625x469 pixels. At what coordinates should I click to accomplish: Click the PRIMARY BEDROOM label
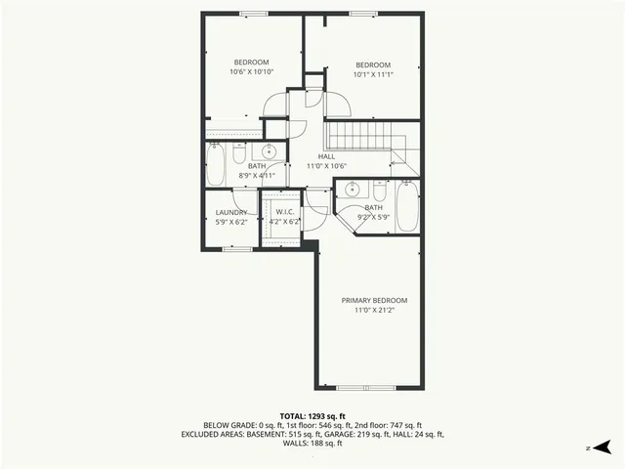click(x=374, y=300)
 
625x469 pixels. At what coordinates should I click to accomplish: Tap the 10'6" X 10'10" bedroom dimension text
click(x=251, y=71)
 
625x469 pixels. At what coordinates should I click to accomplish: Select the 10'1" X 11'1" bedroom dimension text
click(x=372, y=74)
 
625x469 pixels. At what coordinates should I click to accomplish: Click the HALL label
click(x=326, y=156)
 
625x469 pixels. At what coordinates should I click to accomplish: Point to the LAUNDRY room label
click(x=231, y=212)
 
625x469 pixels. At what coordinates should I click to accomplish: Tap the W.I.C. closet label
click(x=285, y=212)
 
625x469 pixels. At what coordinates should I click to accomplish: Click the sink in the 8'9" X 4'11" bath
click(x=269, y=151)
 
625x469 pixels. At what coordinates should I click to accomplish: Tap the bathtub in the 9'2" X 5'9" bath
click(x=407, y=206)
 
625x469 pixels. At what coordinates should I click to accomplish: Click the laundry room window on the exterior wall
click(x=236, y=248)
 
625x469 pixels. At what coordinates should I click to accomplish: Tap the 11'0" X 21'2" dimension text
click(x=374, y=311)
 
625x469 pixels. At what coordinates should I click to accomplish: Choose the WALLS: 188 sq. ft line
click(x=312, y=444)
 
